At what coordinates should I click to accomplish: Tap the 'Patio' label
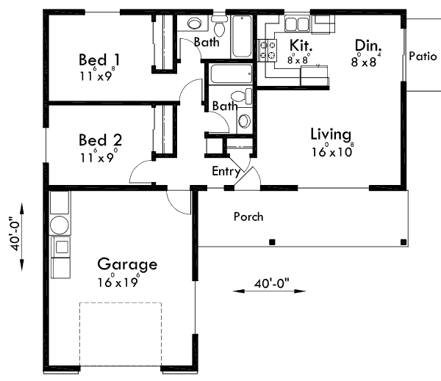[x=423, y=56]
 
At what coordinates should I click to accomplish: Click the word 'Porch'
[x=248, y=217]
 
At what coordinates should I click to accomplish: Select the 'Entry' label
[x=226, y=171]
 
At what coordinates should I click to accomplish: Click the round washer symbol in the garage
[x=58, y=224]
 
